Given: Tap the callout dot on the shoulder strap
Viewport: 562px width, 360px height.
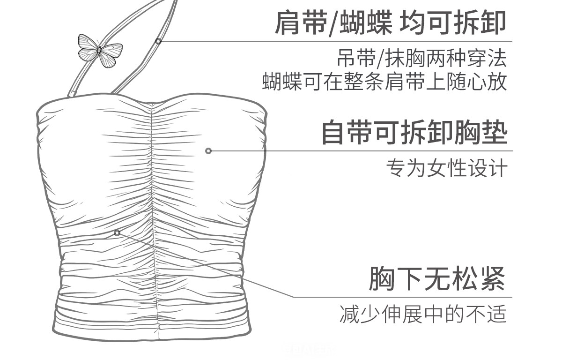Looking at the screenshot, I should point(158,41).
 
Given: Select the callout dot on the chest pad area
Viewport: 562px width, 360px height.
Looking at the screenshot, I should point(208,151).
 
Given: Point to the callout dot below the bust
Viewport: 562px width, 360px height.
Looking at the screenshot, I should point(117,233).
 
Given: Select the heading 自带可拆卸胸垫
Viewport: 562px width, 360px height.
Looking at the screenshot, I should point(414,132).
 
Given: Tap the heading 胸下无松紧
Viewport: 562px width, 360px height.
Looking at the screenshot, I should point(437,278).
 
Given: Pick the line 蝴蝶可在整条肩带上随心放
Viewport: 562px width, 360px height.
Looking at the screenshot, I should point(385,81).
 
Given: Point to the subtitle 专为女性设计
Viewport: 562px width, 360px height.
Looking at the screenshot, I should point(446,168).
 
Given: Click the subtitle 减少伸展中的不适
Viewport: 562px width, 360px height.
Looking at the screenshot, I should point(423,315).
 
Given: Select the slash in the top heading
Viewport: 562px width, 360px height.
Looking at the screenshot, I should point(331,22).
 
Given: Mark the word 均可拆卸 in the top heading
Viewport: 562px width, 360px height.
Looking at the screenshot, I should point(453,22).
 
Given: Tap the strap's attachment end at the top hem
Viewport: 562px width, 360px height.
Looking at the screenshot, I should point(72,95).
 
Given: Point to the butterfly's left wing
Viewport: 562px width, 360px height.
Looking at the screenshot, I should point(88,47).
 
